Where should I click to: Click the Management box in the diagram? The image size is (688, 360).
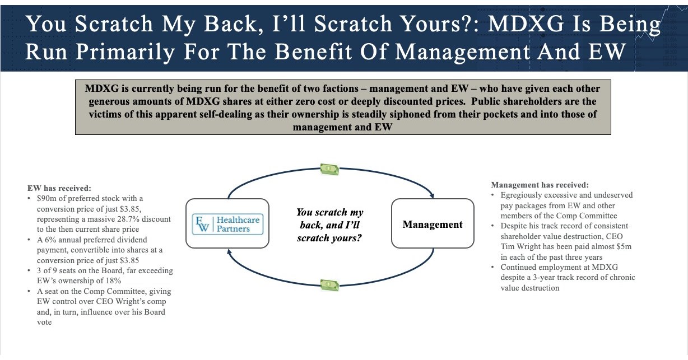[433, 225]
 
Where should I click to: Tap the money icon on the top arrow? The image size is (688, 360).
[329, 168]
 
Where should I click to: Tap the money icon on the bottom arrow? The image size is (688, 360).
[329, 285]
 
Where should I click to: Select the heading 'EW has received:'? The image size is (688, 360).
[59, 189]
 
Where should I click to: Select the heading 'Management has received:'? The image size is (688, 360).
[540, 185]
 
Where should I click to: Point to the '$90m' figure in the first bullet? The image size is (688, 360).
[46, 199]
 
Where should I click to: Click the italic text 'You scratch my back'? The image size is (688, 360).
[329, 212]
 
